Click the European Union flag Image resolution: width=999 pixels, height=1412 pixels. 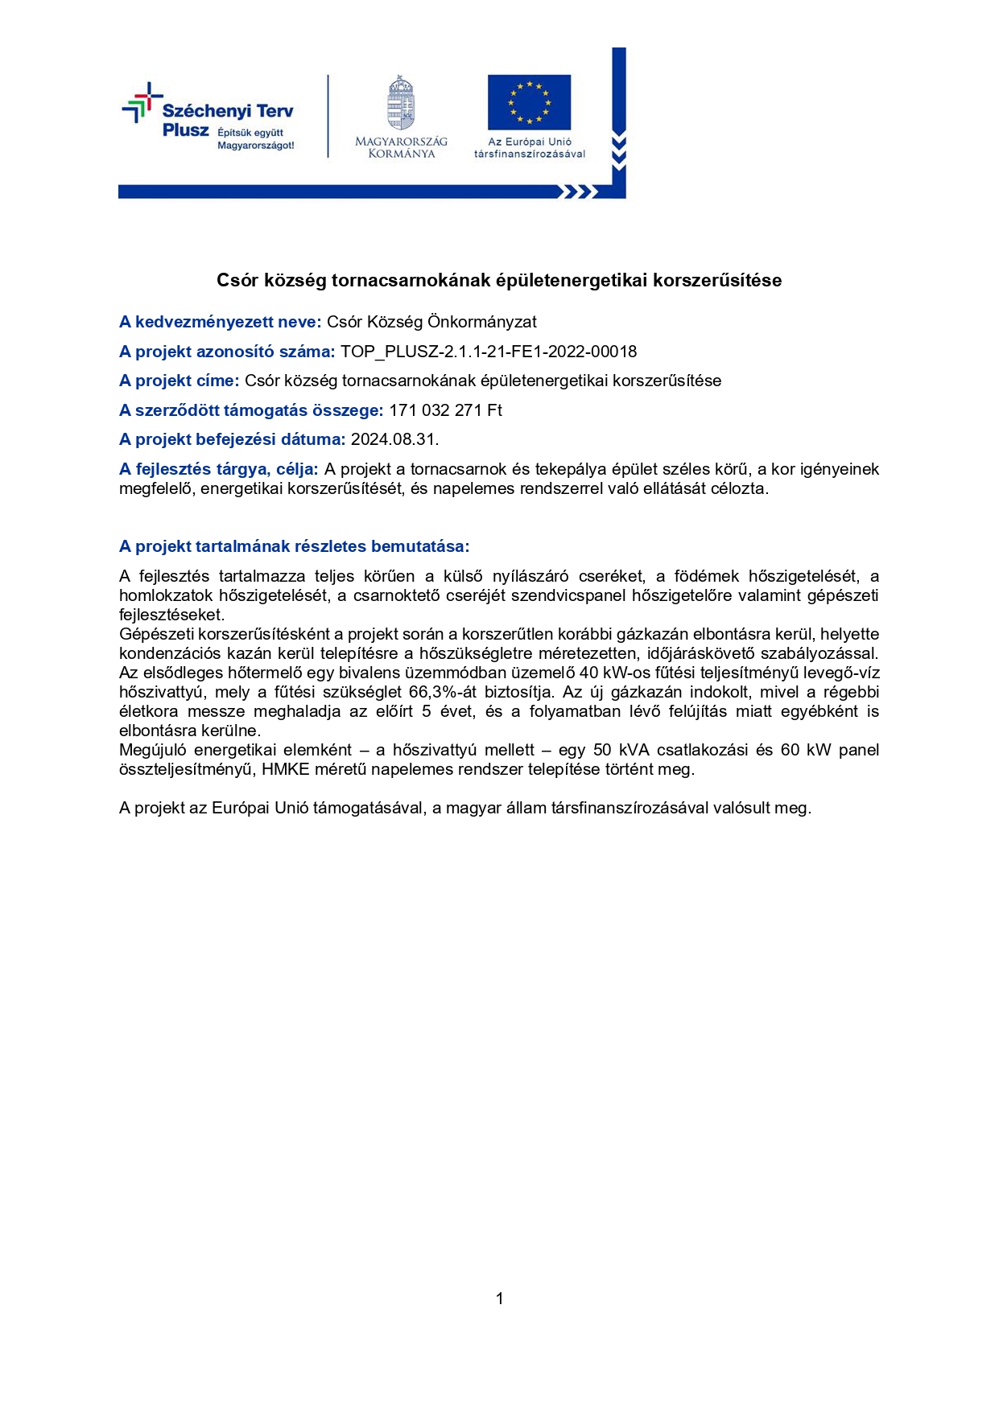pyautogui.click(x=529, y=102)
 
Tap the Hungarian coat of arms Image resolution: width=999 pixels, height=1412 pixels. pyautogui.click(x=401, y=103)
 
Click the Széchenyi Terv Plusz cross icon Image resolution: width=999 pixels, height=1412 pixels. pyautogui.click(x=142, y=102)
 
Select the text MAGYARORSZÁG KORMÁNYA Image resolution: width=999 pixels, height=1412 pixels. pyautogui.click(x=401, y=147)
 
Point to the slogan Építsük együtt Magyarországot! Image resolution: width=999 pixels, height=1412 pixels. pyautogui.click(x=255, y=139)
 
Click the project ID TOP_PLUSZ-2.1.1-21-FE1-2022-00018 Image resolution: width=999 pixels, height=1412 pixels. pyautogui.click(x=489, y=352)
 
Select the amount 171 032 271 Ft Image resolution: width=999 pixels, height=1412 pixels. pyautogui.click(x=445, y=410)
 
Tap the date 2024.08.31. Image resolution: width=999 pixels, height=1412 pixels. pyautogui.click(x=394, y=439)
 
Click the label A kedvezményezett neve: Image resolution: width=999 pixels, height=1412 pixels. pyautogui.click(x=220, y=322)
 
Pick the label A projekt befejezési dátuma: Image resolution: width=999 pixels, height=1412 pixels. pyautogui.click(x=232, y=439)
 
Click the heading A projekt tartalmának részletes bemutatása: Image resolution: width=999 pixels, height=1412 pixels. pyautogui.click(x=294, y=546)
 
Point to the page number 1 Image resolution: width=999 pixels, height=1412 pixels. pyautogui.click(x=500, y=1299)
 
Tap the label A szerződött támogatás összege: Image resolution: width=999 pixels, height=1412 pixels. pyautogui.click(x=251, y=410)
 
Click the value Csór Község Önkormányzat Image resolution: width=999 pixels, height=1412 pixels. pyautogui.click(x=431, y=322)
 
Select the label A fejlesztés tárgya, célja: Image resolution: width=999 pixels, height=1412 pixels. pyautogui.click(x=218, y=469)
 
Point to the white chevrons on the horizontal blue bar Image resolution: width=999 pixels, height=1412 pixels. pyautogui.click(x=578, y=191)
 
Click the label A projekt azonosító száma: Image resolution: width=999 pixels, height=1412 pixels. pyautogui.click(x=227, y=352)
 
